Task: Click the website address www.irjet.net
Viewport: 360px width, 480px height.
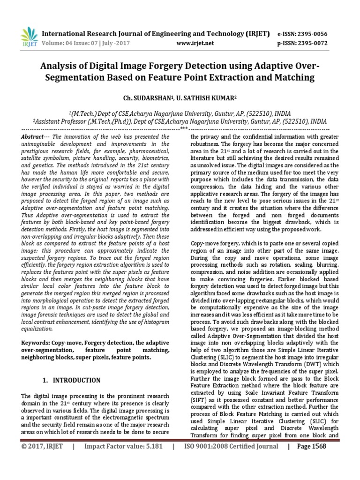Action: click(195, 43)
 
